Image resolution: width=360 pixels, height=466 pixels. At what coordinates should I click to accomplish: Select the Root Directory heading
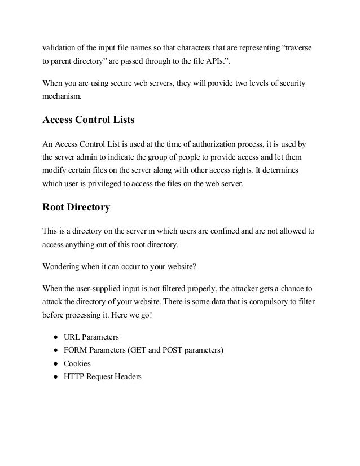coord(76,206)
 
